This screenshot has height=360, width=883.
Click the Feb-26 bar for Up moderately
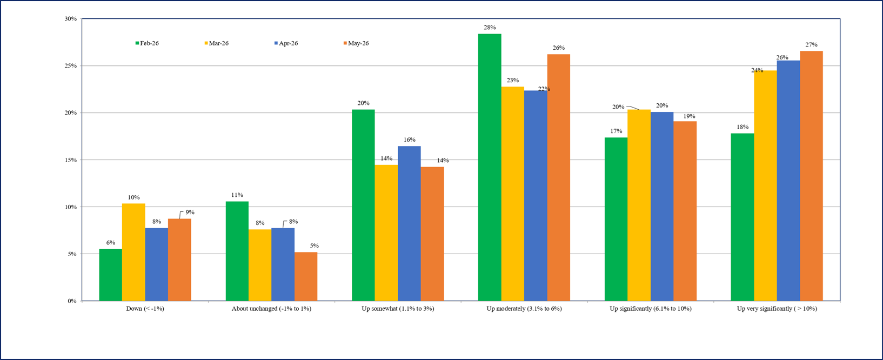coord(490,167)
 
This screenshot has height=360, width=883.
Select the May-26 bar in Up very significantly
coord(811,176)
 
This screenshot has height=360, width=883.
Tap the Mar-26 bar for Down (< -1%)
coord(133,252)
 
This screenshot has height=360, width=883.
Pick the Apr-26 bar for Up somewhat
coord(409,224)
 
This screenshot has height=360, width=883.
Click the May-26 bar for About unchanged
coord(306,276)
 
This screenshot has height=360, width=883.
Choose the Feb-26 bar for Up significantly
coord(616,219)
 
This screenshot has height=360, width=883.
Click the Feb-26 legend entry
coord(147,43)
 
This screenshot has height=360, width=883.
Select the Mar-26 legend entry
coord(216,43)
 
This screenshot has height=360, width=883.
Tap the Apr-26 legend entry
coord(286,43)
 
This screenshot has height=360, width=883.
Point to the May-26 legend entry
coord(356,43)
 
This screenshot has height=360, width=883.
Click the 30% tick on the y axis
coord(71,19)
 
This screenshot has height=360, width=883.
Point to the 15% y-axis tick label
coord(71,160)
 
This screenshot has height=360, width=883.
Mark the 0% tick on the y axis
coord(72,301)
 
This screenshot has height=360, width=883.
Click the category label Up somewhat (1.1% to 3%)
coord(398,309)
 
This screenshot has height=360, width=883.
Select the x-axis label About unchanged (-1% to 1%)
coord(271,309)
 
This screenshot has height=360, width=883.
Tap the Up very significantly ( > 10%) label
coord(777,309)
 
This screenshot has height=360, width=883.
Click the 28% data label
coord(490,28)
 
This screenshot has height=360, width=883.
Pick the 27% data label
coord(811,45)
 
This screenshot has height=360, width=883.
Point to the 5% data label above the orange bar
coord(314,245)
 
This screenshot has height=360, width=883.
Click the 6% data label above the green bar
coord(111,243)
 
